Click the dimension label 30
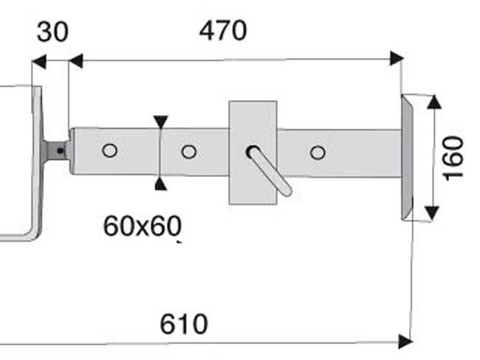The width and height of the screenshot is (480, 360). (x=52, y=32)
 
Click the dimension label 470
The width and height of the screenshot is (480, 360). (x=223, y=30)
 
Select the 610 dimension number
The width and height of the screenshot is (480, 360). (x=184, y=324)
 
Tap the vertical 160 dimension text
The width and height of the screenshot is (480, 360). (x=453, y=159)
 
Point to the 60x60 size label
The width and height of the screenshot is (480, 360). (x=143, y=226)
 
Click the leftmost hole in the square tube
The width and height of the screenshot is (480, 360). (x=110, y=150)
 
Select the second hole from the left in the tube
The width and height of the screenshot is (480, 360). (x=189, y=151)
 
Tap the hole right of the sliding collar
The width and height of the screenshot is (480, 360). (x=318, y=152)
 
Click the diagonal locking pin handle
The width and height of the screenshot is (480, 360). (x=269, y=170)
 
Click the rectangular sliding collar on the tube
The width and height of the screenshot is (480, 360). (x=253, y=152)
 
